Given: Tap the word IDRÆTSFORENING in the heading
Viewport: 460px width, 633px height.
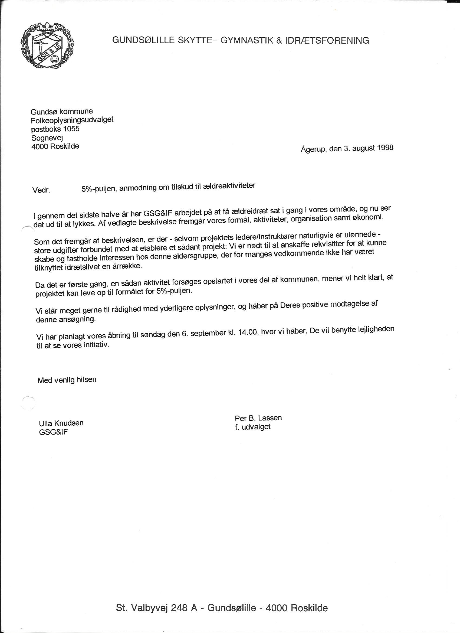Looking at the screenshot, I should pos(327,40).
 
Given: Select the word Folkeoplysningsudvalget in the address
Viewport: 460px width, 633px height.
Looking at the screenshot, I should pos(72,120).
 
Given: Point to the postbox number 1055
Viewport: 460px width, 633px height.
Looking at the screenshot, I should pos(71,129).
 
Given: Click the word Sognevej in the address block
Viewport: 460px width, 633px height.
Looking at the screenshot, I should pos(47,138).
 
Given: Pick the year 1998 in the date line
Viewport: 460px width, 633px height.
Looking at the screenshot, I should pos(385,147).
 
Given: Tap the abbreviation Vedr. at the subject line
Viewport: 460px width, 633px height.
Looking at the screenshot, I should pos(41,190).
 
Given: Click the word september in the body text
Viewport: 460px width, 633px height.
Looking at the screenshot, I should pos(208,333).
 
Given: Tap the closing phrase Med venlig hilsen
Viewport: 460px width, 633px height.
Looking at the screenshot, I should pos(67,380).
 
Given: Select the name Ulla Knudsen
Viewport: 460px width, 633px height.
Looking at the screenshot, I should pos(61,423).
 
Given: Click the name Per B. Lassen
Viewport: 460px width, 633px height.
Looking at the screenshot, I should pos(258,418).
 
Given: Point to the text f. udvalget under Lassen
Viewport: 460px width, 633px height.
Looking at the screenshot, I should pos(252,427).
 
